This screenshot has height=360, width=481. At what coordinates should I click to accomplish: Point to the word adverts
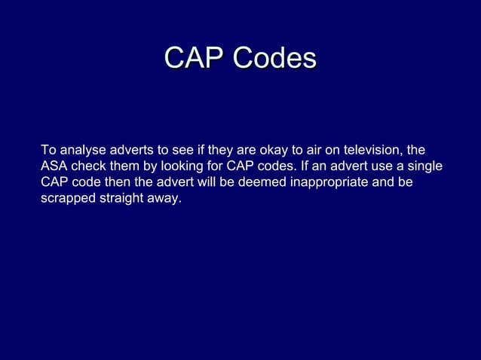point(132,149)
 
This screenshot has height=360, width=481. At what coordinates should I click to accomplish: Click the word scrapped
point(66,199)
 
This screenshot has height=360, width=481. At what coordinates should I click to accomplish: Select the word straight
point(120,199)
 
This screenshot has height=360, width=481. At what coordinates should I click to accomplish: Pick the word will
point(196,182)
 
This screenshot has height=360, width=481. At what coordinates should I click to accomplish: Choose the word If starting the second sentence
point(299,166)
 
